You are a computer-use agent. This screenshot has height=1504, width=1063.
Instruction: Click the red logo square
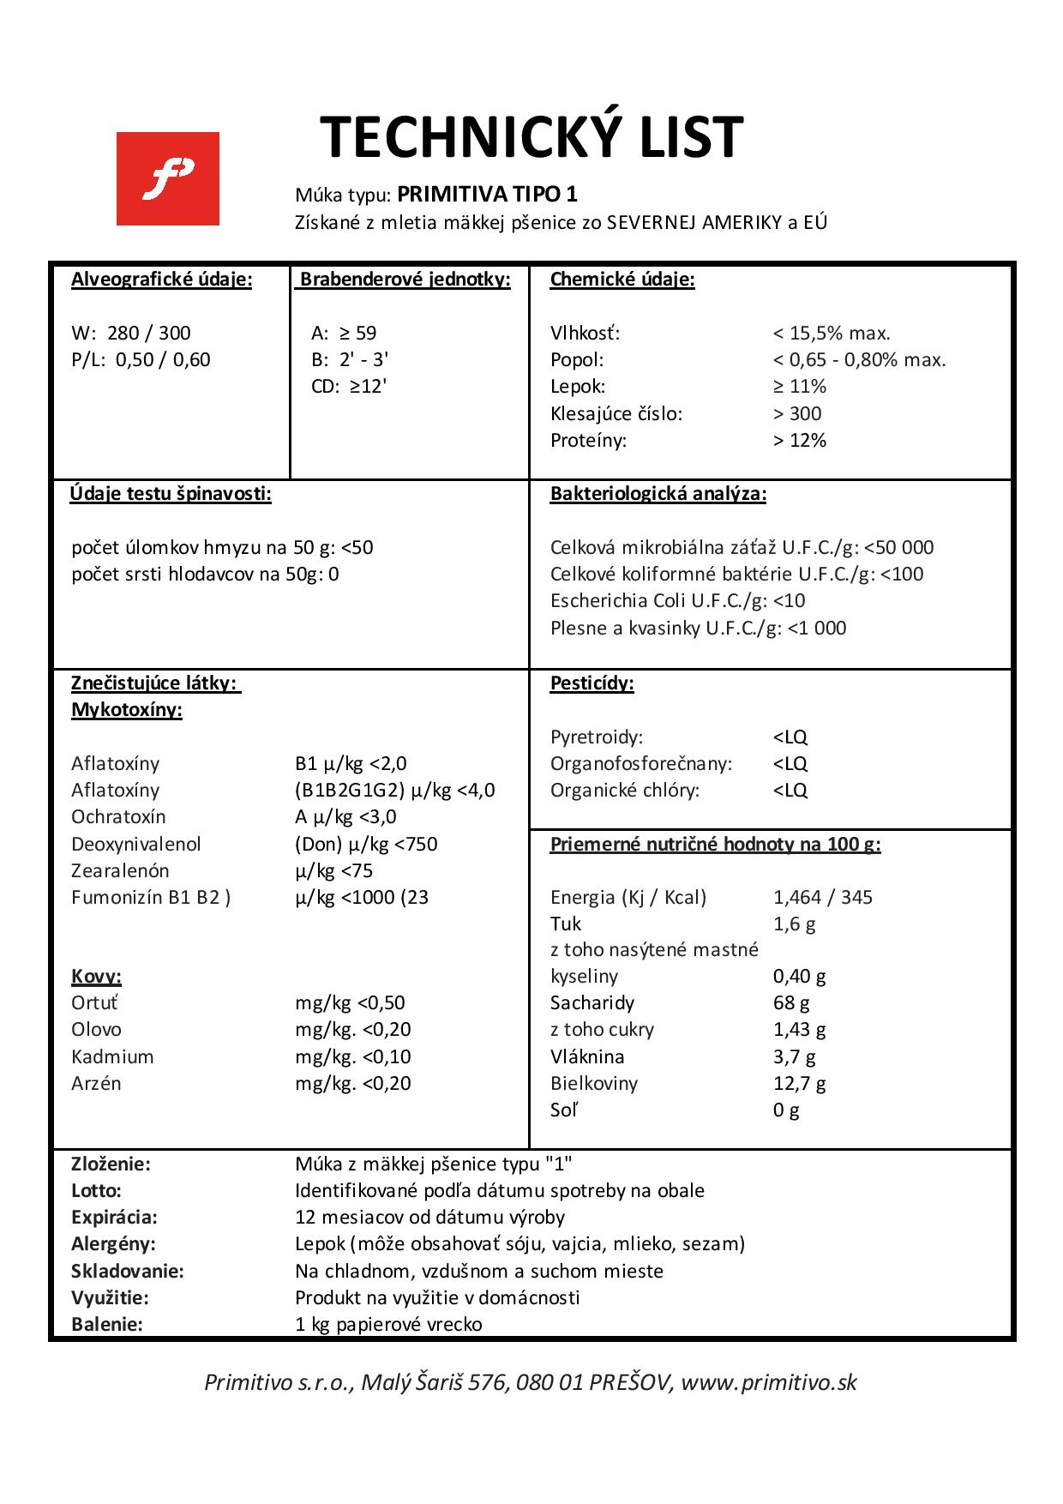[x=168, y=178]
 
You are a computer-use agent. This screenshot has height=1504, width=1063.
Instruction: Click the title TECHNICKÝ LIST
[x=531, y=137]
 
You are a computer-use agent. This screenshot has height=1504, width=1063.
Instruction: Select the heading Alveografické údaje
[x=162, y=280]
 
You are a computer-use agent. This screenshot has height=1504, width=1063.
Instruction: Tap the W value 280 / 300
[x=149, y=333]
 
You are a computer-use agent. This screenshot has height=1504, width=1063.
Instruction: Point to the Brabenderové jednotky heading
[x=405, y=280]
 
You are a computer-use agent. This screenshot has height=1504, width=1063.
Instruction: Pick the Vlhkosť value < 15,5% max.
[x=832, y=333]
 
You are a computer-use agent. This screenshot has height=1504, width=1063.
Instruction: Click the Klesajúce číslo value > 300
[x=797, y=413]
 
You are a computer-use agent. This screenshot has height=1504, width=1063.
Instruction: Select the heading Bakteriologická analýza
[x=658, y=494]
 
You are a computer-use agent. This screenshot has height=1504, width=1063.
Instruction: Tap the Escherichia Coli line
[x=677, y=600]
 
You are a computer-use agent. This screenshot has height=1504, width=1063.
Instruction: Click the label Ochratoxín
[x=118, y=816]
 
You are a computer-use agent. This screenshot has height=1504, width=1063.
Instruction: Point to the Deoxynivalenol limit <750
[x=415, y=844]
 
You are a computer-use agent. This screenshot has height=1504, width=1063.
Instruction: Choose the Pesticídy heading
[x=592, y=683]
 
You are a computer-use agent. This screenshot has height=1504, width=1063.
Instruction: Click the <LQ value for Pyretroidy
[x=790, y=737]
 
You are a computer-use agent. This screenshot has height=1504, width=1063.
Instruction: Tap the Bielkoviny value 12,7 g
[x=800, y=1083]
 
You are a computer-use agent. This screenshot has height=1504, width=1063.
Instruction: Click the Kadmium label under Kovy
[x=112, y=1056]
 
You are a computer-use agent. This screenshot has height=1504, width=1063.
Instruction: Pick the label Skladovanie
[x=128, y=1271]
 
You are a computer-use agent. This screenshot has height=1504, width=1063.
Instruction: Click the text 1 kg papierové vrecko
[x=388, y=1324]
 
